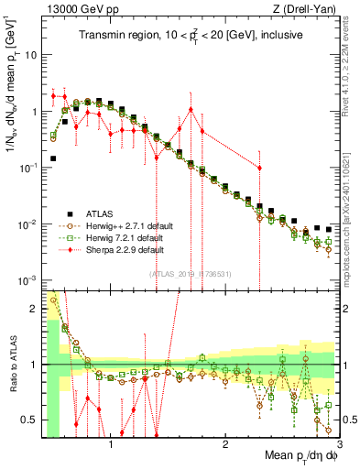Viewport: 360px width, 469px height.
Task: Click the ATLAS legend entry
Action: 103,213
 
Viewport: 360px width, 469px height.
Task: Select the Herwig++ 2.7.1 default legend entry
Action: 124,225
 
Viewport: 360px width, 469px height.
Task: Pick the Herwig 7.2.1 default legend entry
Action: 121,237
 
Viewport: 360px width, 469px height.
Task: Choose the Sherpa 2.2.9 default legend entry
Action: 121,249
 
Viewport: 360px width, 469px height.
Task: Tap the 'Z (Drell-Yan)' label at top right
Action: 307,10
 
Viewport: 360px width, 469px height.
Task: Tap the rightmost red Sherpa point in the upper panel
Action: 259,168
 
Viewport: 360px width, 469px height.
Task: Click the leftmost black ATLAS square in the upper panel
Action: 53,158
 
